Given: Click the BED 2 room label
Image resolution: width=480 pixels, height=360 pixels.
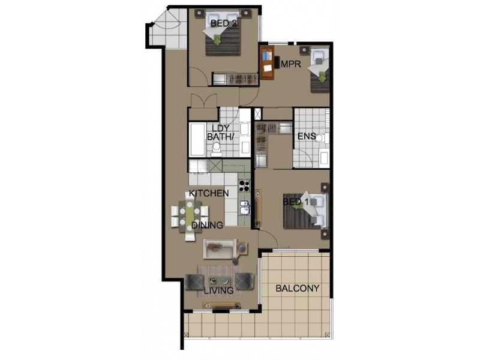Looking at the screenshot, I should coord(223,23).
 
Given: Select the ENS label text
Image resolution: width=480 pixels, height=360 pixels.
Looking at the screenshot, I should coord(306,136).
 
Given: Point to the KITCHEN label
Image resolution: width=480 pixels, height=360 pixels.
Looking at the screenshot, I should coord(208,193).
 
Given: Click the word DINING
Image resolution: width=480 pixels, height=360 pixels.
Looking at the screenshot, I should coord(208,225).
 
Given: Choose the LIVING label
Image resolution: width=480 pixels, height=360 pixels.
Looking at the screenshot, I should coord(218,291).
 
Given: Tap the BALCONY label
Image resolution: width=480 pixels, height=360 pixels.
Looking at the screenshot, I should coord(297,289).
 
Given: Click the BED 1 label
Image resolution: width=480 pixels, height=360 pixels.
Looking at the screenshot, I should coord(296,203).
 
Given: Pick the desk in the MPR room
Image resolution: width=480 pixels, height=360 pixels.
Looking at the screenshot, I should coord(267,62).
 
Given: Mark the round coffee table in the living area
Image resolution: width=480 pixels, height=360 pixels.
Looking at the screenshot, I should coord(225,281).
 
